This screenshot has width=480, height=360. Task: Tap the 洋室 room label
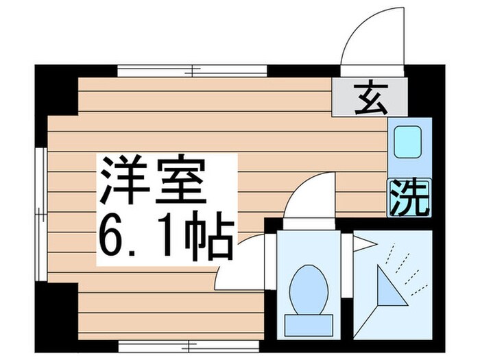click(152, 180)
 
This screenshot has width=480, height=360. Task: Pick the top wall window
click(191, 70)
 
